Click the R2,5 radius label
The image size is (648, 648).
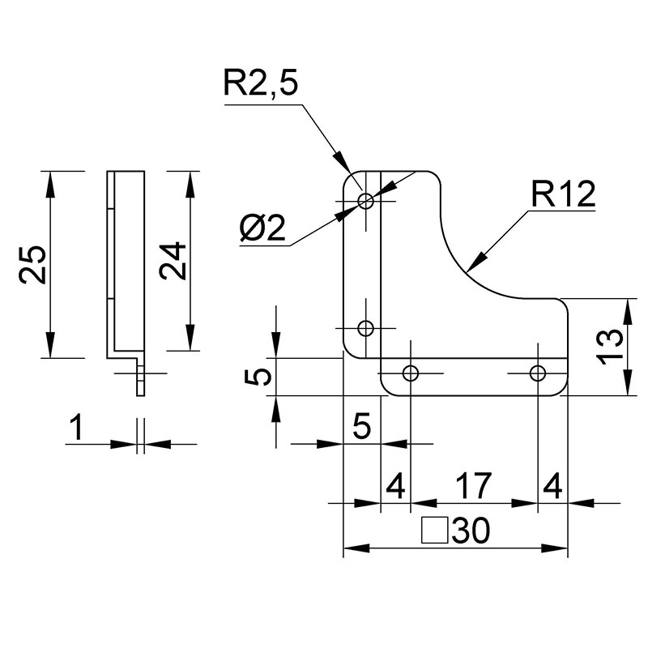pyautogui.click(x=260, y=83)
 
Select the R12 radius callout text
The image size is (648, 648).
pyautogui.click(x=563, y=194)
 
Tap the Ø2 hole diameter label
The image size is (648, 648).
pyautogui.click(x=262, y=228)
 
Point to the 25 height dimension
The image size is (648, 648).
pyautogui.click(x=33, y=265)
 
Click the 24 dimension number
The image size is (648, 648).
pyautogui.click(x=173, y=261)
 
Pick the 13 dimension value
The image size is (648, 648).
pyautogui.click(x=611, y=347)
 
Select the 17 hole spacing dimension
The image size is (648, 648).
pyautogui.click(x=474, y=485)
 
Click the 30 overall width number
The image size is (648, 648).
pyautogui.click(x=471, y=531)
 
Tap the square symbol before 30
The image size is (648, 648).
pyautogui.click(x=435, y=530)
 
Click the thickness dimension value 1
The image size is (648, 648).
pyautogui.click(x=77, y=428)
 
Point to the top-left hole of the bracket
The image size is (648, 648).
pyautogui.click(x=366, y=202)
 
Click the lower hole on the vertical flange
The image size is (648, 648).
pyautogui.click(x=366, y=329)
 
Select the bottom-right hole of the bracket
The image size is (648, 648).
pyautogui.click(x=538, y=373)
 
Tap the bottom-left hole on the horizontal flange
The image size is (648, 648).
pyautogui.click(x=411, y=373)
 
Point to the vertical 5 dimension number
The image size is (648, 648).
pyautogui.click(x=258, y=377)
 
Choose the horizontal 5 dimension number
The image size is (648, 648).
pyautogui.click(x=362, y=425)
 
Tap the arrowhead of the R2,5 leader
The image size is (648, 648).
pyautogui.click(x=343, y=163)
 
